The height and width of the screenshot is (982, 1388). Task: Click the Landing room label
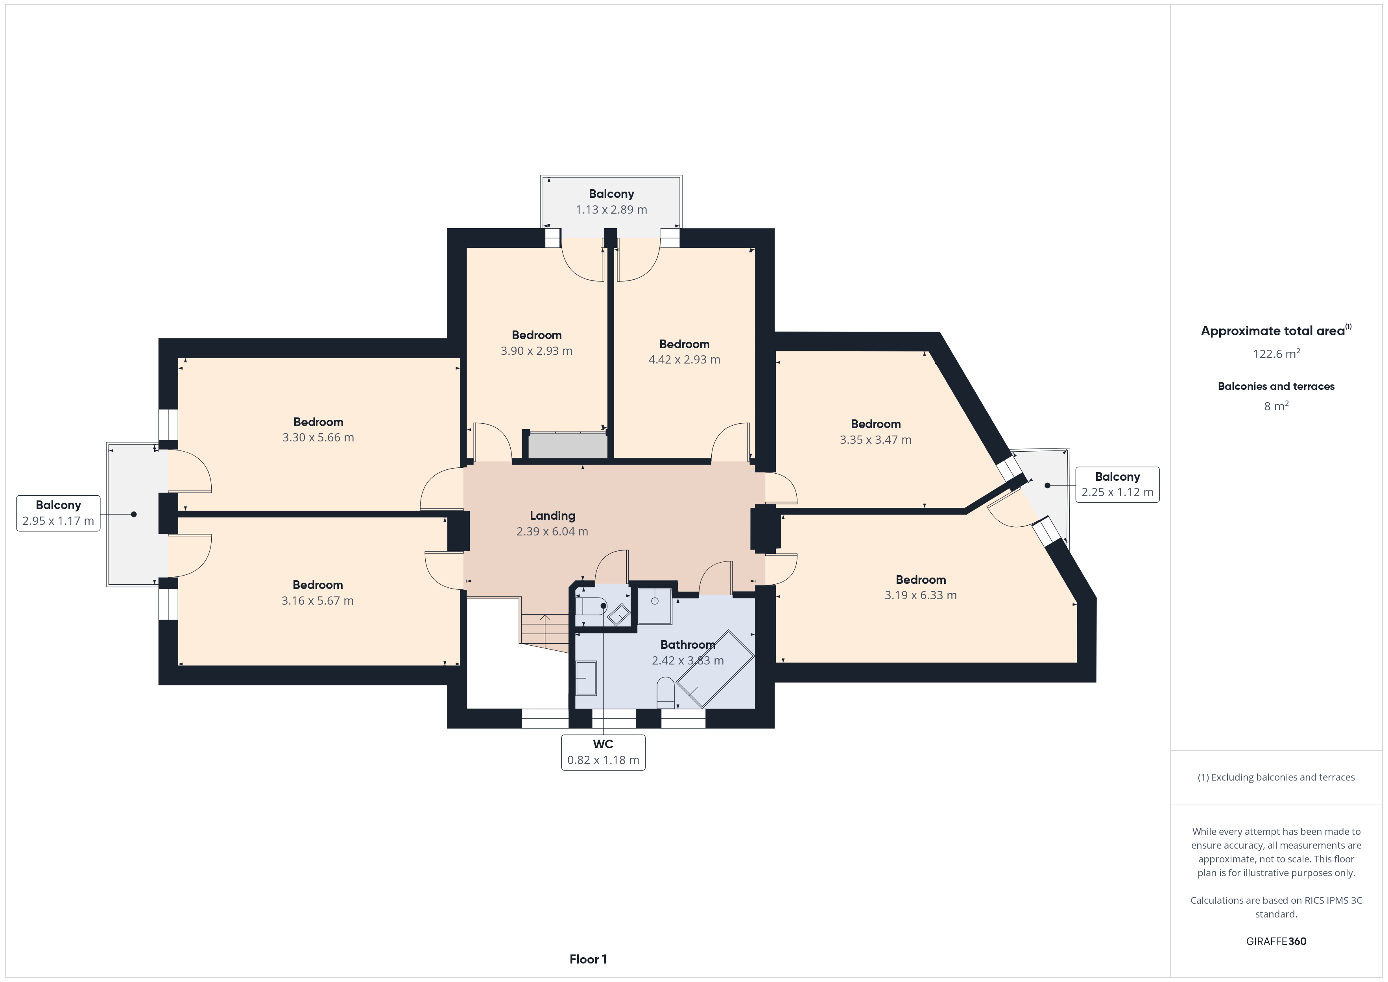coord(552,516)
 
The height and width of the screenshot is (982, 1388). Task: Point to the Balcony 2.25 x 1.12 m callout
coord(1117,484)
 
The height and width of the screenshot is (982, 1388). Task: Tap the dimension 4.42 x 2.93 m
coord(684,360)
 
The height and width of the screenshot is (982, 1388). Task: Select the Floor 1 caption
coord(588,959)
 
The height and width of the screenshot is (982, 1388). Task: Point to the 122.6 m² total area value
coord(1276,354)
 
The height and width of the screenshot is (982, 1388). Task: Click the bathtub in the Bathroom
coord(715,669)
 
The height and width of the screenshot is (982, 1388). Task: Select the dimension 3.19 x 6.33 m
coord(921,596)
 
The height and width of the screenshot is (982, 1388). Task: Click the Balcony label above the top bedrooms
coord(611,194)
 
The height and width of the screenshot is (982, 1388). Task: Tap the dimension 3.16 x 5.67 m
coord(318,601)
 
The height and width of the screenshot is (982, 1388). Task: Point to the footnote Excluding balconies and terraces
coord(1276,778)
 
